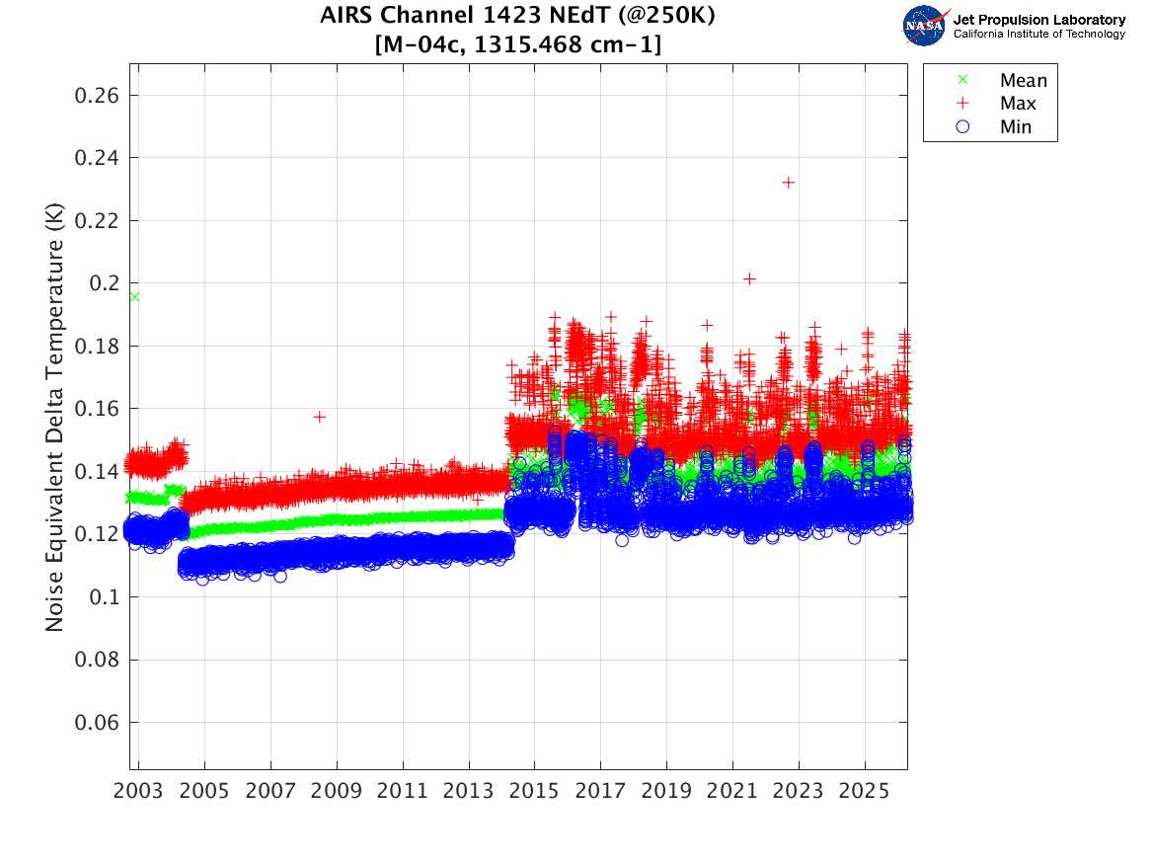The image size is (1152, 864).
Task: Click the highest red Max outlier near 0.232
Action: [x=788, y=183]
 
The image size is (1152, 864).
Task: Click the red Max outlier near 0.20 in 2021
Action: [x=749, y=278]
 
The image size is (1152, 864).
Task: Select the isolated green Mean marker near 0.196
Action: [x=134, y=296]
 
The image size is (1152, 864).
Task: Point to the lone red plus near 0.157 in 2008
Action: [x=320, y=417]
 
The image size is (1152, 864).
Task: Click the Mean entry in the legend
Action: [x=1023, y=81]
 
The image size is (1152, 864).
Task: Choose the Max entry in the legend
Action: [x=1018, y=104]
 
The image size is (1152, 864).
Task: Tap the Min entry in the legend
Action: [x=1016, y=127]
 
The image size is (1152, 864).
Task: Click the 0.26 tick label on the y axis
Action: [x=98, y=96]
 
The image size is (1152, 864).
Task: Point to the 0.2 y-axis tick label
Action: [x=106, y=283]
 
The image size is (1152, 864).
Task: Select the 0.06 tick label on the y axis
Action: [x=98, y=723]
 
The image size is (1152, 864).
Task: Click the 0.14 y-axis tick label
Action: [x=98, y=472]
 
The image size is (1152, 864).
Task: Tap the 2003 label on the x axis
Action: [x=139, y=792]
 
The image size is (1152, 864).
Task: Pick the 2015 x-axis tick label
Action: [x=534, y=792]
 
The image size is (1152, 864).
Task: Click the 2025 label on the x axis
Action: [x=865, y=792]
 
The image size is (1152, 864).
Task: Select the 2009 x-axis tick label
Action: [x=337, y=792]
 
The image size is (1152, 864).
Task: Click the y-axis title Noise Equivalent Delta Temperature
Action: [x=56, y=425]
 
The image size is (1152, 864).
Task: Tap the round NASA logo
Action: [x=925, y=25]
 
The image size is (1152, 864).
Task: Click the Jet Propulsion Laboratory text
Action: [x=1038, y=20]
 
